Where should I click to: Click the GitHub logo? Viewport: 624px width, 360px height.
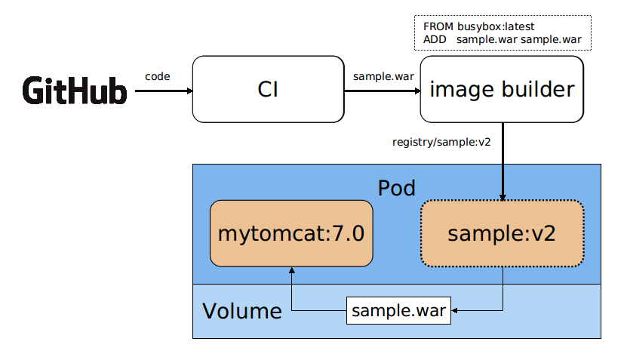click(75, 91)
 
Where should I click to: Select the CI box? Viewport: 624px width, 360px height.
click(268, 89)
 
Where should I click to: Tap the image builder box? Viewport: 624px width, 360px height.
click(502, 89)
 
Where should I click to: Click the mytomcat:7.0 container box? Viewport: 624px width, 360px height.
click(291, 233)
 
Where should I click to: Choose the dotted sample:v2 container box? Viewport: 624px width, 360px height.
click(502, 233)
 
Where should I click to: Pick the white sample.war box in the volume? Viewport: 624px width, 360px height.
click(398, 311)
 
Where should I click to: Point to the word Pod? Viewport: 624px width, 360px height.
click(396, 187)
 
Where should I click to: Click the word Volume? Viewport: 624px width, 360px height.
click(241, 311)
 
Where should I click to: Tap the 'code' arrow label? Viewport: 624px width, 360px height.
click(157, 76)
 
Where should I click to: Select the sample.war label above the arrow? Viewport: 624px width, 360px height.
click(383, 76)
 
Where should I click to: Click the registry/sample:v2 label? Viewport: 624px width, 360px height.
click(442, 141)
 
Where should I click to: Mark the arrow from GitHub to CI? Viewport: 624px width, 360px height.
click(163, 91)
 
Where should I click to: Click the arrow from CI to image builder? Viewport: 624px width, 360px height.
click(382, 91)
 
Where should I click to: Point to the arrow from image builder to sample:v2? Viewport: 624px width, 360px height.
click(503, 162)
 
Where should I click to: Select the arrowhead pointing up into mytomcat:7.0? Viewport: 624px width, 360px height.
click(291, 271)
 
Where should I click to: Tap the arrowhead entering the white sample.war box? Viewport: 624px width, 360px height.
click(456, 310)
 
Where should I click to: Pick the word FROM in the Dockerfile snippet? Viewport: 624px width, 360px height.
click(438, 26)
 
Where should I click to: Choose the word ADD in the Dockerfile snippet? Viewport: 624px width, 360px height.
click(435, 39)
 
